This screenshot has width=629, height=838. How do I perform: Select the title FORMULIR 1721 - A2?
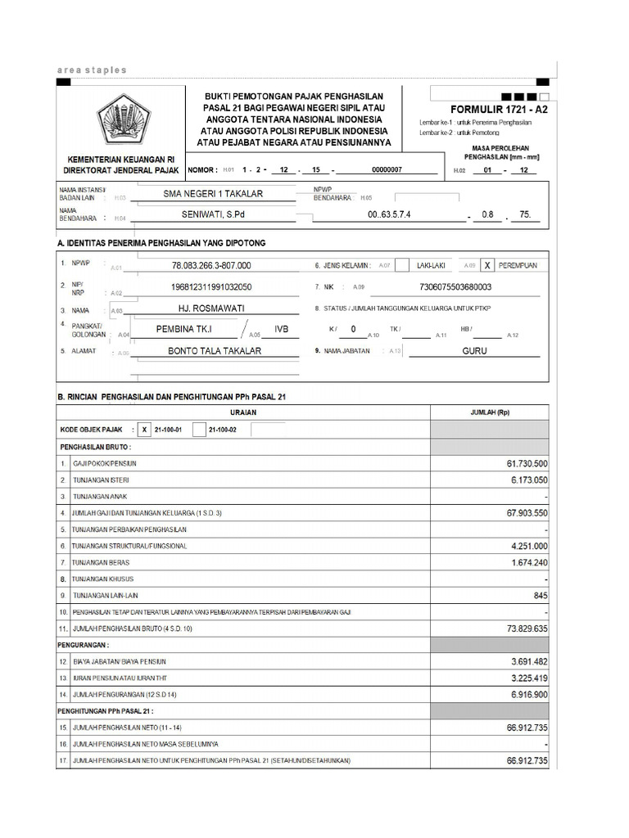pos(499,108)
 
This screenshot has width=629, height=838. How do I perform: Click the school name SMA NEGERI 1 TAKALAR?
pos(213,194)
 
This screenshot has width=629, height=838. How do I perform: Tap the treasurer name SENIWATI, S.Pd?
pos(213,214)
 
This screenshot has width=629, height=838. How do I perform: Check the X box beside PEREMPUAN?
pos(487,266)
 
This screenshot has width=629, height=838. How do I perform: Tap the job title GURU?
pos(474,350)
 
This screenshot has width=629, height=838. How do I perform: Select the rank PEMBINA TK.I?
pos(183,329)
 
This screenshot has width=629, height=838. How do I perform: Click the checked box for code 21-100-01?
pos(144,430)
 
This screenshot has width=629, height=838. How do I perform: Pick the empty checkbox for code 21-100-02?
pos(199,430)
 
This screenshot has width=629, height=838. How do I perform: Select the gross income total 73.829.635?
pos(521,628)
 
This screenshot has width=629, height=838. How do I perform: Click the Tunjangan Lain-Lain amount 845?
pos(540,595)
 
